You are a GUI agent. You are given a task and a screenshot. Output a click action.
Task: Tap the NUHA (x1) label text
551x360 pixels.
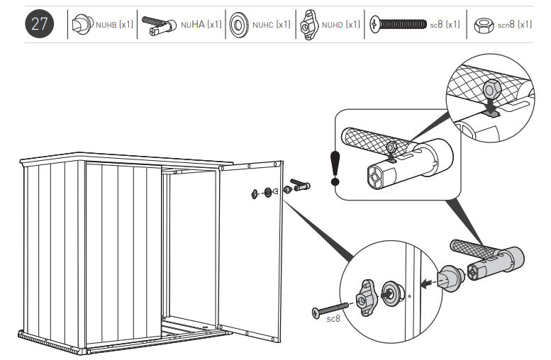point(201,25)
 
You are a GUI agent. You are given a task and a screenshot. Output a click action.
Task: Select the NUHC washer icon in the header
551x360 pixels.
point(238,25)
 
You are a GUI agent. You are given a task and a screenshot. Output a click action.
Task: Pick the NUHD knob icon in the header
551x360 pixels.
point(309,25)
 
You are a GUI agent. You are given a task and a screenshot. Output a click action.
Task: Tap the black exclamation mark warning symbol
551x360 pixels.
point(336,167)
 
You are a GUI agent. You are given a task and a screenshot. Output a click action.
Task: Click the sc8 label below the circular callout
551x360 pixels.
point(333,319)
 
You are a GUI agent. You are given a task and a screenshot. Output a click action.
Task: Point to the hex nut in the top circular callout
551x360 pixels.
point(491,90)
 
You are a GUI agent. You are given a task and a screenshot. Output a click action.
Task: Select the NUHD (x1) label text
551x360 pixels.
point(341,25)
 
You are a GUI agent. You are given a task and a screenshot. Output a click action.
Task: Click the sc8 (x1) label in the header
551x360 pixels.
point(445,25)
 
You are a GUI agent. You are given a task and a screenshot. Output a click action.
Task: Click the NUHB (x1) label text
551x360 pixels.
point(114,25)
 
